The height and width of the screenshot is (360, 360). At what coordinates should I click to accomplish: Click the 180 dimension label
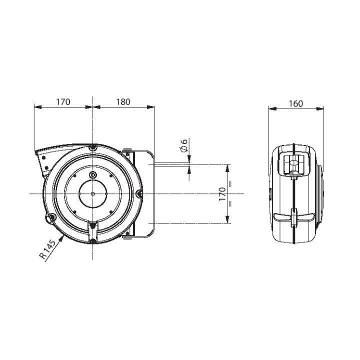pos(123,102)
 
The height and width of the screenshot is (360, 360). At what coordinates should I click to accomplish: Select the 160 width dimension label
pos(295,104)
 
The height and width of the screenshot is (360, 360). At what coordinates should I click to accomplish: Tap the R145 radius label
pos(47,249)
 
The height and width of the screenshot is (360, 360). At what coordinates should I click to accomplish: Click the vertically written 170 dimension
pos(222,194)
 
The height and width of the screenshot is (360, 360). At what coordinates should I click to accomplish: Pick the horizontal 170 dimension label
pos(63,102)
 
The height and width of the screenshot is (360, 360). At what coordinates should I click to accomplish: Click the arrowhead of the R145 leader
pos(61,239)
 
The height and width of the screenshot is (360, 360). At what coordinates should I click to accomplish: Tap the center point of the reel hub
pos(92,194)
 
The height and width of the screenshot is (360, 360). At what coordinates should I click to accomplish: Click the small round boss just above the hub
pos(93,174)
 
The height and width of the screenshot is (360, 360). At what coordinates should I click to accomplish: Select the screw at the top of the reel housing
pos(93,147)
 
